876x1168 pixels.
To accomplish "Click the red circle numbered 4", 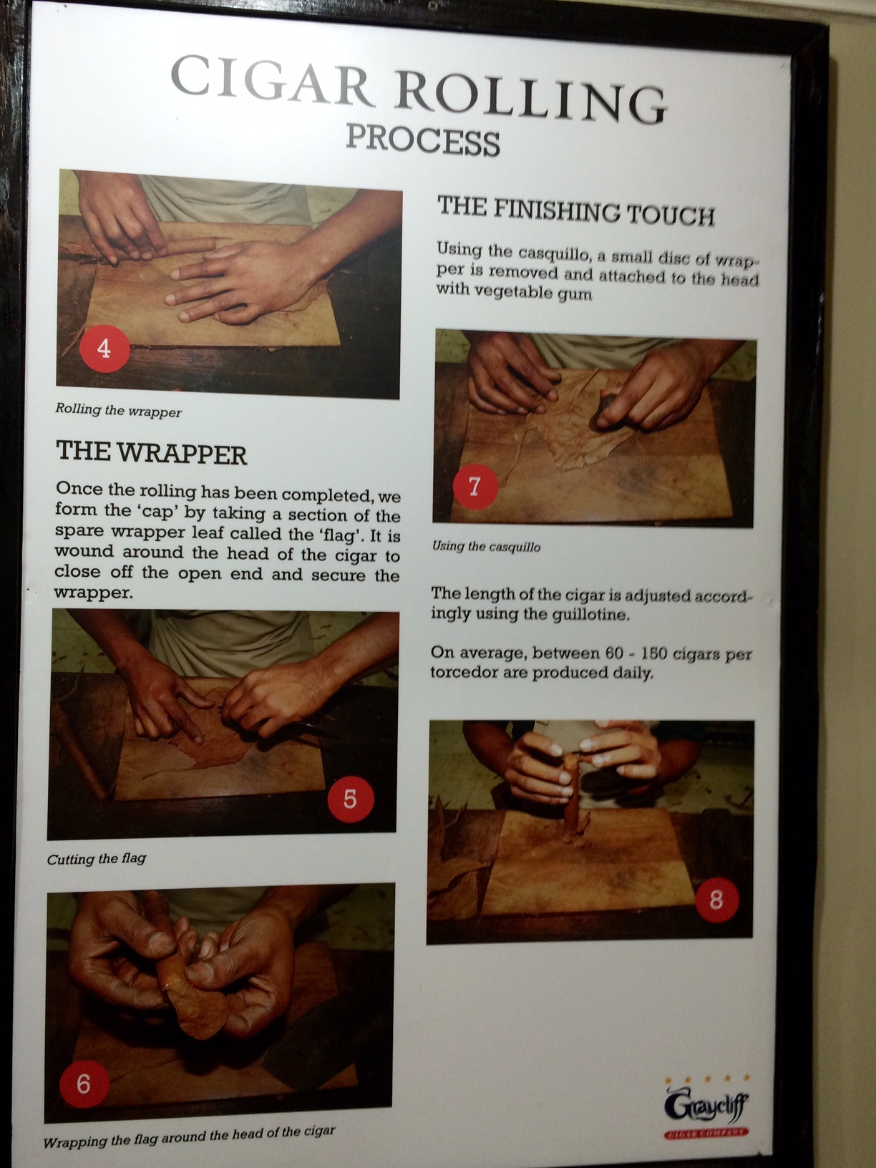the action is pyautogui.click(x=104, y=349).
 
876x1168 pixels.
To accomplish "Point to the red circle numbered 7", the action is pyautogui.click(x=474, y=485).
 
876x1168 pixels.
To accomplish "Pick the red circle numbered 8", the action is pyautogui.click(x=716, y=900).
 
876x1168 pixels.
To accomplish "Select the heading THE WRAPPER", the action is pyautogui.click(x=152, y=453).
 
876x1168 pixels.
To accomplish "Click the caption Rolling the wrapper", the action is pyautogui.click(x=118, y=411).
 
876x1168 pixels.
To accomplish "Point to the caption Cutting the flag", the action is pyautogui.click(x=97, y=859).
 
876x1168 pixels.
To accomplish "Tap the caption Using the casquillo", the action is pyautogui.click(x=486, y=547).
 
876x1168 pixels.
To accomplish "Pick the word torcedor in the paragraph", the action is pyautogui.click(x=463, y=673).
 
